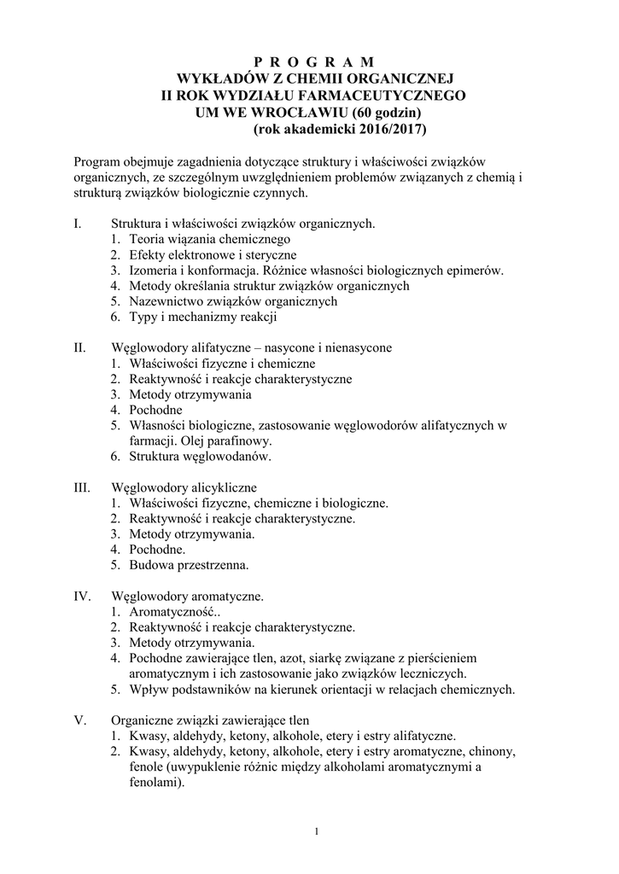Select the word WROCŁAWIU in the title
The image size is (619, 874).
pyautogui.click(x=298, y=113)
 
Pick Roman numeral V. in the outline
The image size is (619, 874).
pyautogui.click(x=80, y=720)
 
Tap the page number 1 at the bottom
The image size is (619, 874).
pyautogui.click(x=315, y=832)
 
